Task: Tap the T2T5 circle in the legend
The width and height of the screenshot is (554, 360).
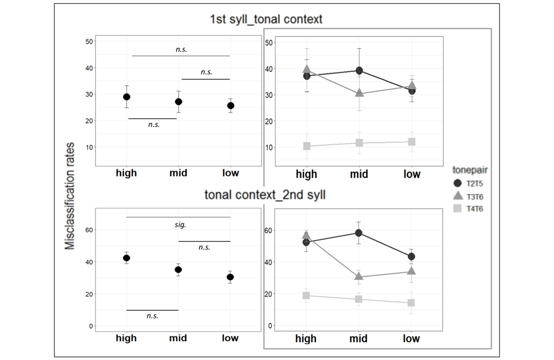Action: pyautogui.click(x=458, y=184)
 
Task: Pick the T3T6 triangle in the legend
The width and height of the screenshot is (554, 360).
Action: pyautogui.click(x=458, y=197)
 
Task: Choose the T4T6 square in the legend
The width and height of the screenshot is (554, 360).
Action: pyautogui.click(x=458, y=209)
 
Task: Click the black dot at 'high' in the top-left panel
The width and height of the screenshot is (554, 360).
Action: pyautogui.click(x=126, y=97)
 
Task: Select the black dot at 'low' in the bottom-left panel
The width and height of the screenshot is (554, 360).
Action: pyautogui.click(x=230, y=277)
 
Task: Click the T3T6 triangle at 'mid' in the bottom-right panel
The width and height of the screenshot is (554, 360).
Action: pyautogui.click(x=359, y=276)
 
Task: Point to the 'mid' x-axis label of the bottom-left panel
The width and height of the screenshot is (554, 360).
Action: pyautogui.click(x=178, y=338)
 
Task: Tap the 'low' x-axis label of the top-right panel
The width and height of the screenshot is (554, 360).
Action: pyautogui.click(x=412, y=174)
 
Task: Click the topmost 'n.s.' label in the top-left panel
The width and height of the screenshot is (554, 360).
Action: pyautogui.click(x=181, y=49)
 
